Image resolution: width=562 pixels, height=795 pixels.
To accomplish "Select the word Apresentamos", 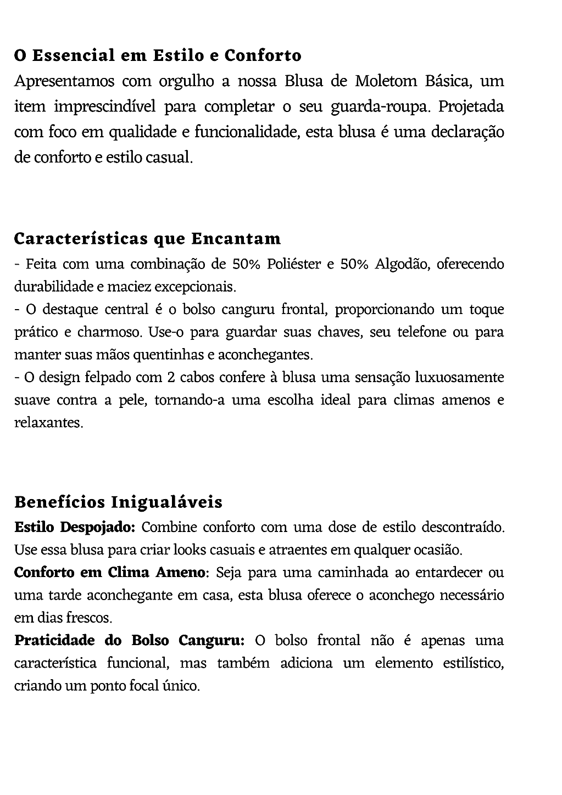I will [x=64, y=82].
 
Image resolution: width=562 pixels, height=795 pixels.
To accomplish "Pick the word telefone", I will [x=422, y=332].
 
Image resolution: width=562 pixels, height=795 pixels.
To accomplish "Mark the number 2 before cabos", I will [x=169, y=378].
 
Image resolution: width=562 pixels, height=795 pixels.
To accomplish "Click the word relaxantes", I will [x=48, y=423].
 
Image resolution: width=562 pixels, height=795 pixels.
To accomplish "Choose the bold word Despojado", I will [x=97, y=528].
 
